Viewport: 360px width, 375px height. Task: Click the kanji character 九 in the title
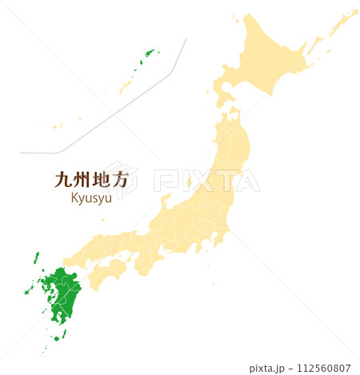coord(62,180)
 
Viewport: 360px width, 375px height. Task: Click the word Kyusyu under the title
coord(91,198)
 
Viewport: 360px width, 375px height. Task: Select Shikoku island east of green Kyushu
coord(106,274)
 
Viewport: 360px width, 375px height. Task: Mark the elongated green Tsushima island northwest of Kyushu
coord(35,258)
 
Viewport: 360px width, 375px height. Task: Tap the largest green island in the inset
coord(147,55)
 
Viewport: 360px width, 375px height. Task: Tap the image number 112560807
coord(325,368)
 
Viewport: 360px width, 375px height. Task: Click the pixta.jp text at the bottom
coord(266,368)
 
